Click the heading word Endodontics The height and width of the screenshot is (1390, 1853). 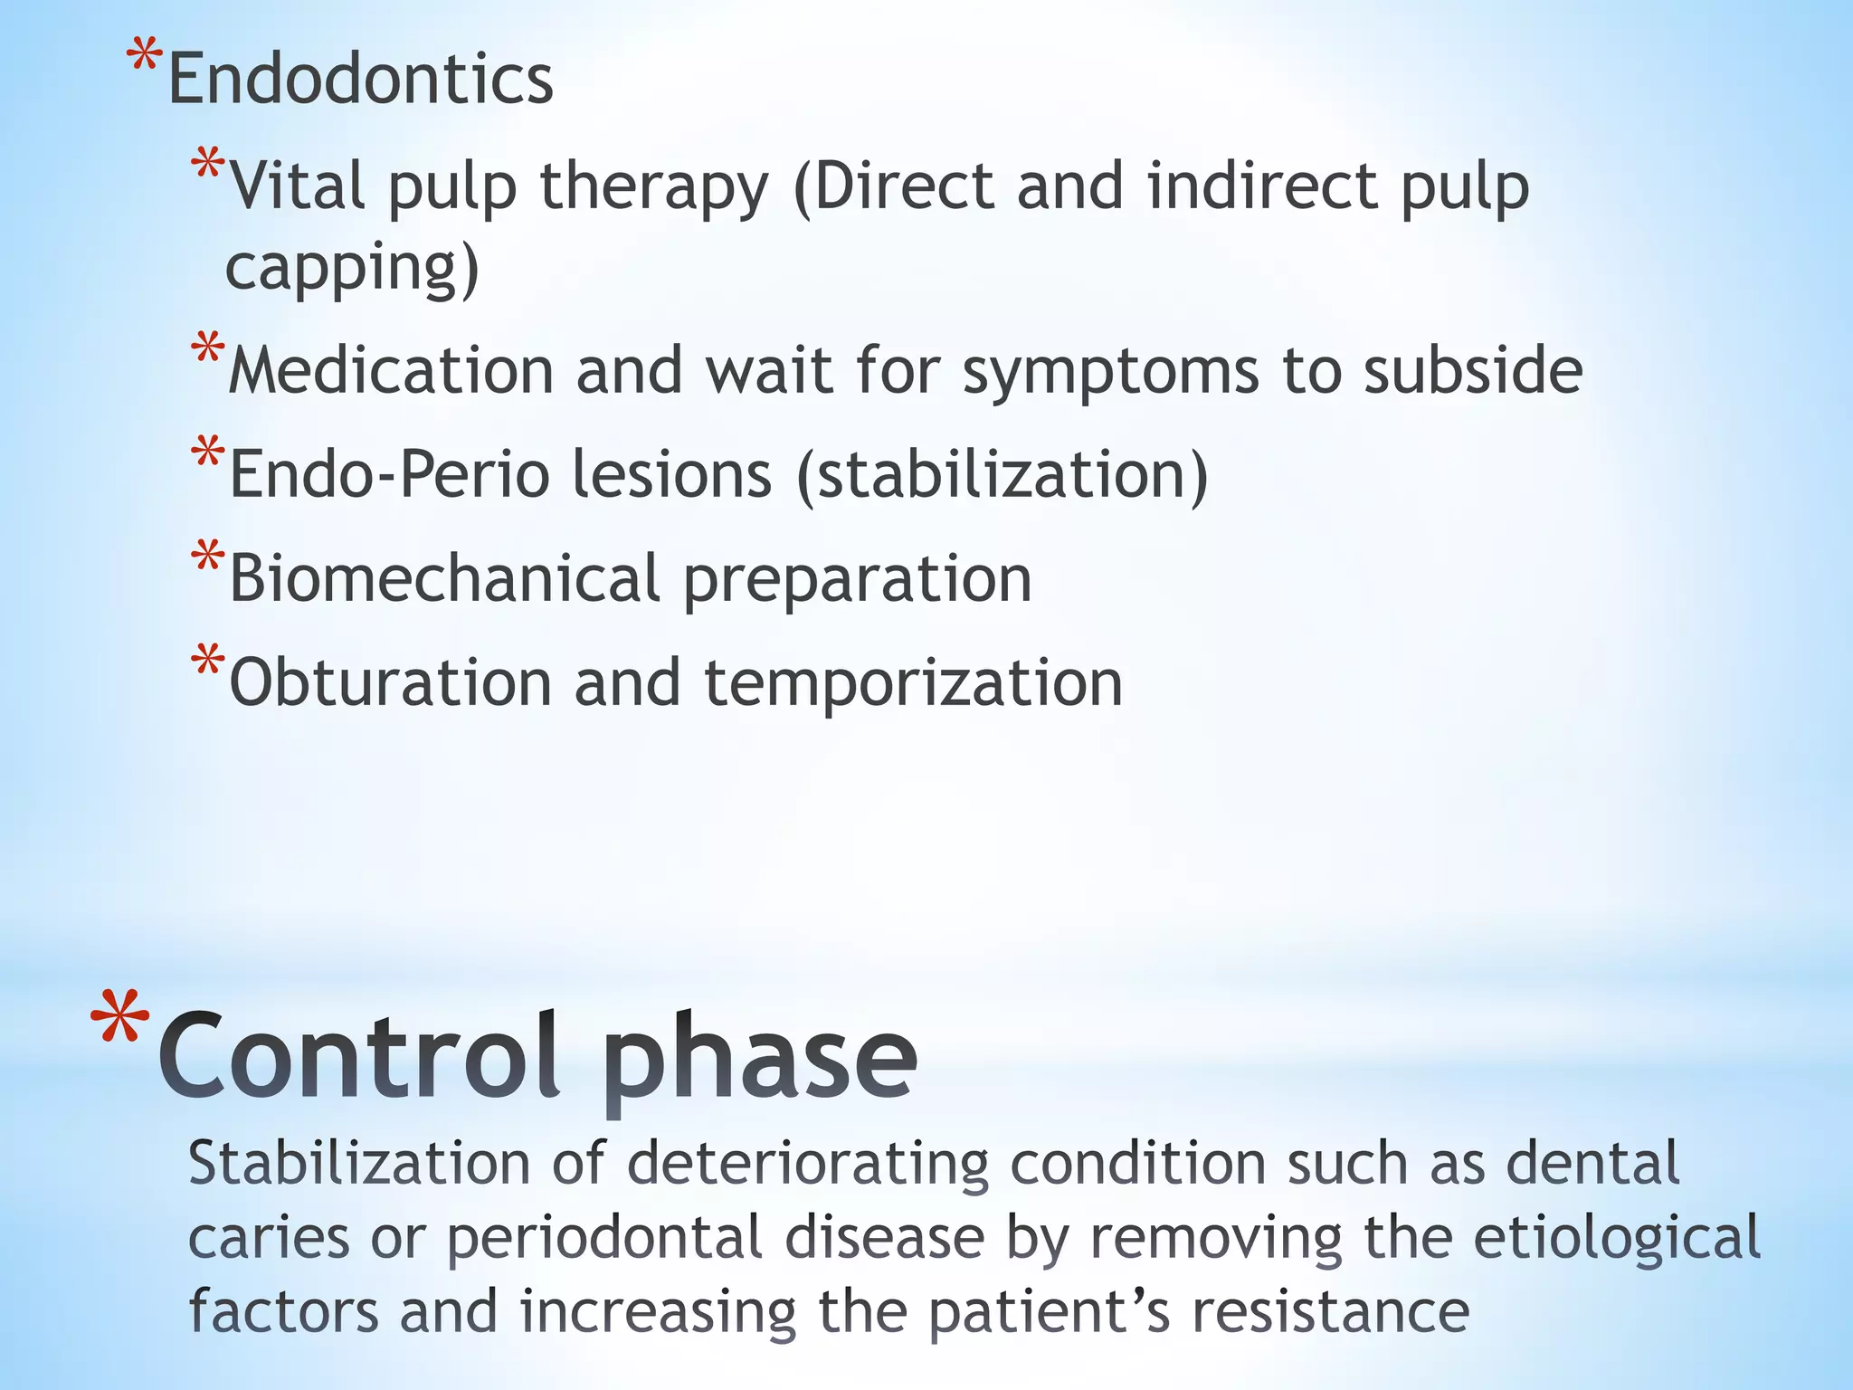pyautogui.click(x=360, y=80)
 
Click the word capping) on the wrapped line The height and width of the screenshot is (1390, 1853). pyautogui.click(x=352, y=269)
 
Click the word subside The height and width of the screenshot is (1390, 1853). pyautogui.click(x=1473, y=371)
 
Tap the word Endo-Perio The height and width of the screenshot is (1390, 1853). pyautogui.click(x=390, y=475)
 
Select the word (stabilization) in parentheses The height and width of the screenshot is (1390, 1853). pyautogui.click(x=1002, y=475)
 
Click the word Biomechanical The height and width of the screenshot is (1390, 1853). pyautogui.click(x=444, y=579)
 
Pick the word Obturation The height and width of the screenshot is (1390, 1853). pyautogui.click(x=390, y=683)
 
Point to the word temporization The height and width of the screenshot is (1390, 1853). pyautogui.click(x=913, y=683)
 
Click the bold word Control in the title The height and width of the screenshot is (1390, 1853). pyautogui.click(x=358, y=1057)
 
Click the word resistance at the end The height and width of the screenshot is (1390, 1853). pyautogui.click(x=1330, y=1312)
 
